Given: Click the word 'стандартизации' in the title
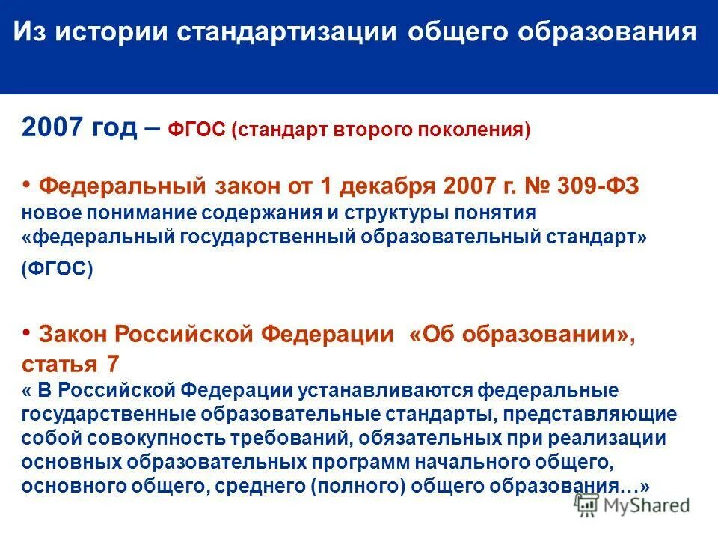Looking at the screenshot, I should (x=288, y=34).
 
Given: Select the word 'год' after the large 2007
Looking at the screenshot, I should (x=116, y=128).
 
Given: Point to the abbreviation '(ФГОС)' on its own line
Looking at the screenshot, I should (x=58, y=269).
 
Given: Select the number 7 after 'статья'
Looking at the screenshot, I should (x=112, y=365).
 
